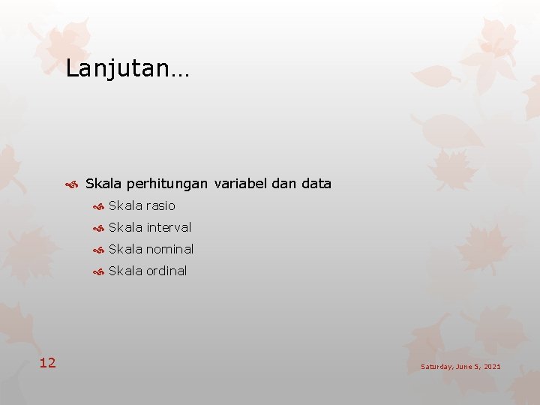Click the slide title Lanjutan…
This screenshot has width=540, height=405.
[x=127, y=69]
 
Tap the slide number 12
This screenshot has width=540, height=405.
[x=47, y=363]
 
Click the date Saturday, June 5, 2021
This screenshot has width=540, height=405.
[x=460, y=367]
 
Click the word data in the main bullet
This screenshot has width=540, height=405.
[x=316, y=184]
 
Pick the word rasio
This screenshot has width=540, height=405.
[x=160, y=205]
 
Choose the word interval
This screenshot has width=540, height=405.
[x=169, y=227]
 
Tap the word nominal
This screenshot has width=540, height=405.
[x=169, y=249]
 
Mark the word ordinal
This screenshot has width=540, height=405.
[x=166, y=271]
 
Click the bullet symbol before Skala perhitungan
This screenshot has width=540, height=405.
[x=73, y=184]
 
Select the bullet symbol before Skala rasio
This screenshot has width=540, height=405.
[x=97, y=206]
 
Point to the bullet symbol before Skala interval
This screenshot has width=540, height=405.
[x=97, y=228]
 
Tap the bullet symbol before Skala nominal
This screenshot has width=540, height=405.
[x=97, y=250]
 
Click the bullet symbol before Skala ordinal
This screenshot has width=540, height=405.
[x=97, y=271]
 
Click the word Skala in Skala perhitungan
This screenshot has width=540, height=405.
[x=103, y=184]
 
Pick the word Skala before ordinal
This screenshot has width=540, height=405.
[x=125, y=271]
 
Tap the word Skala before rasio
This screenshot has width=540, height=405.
[x=125, y=205]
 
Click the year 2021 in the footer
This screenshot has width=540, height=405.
[x=492, y=367]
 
